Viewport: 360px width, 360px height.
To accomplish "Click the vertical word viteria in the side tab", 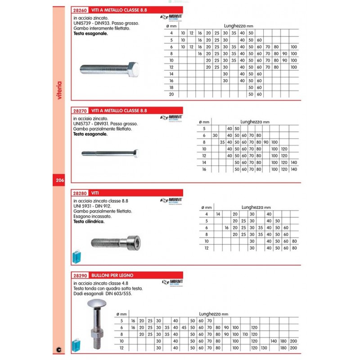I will (x=60, y=90).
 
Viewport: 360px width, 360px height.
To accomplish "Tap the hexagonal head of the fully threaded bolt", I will (x=133, y=69).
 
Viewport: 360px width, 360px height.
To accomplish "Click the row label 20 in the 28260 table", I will (x=171, y=94).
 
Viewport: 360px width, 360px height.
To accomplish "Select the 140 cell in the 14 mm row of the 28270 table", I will (x=294, y=162).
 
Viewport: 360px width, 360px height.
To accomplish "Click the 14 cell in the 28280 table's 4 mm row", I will (x=218, y=214).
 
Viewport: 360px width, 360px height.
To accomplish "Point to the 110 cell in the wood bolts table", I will (x=245, y=334).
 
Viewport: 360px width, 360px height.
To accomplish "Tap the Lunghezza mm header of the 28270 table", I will (x=255, y=121).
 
